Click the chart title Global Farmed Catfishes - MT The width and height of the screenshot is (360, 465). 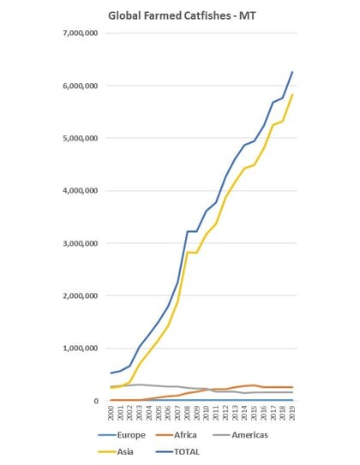pos(179,15)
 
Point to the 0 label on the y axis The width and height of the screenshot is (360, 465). pos(97,401)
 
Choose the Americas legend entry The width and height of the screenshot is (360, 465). pos(269,435)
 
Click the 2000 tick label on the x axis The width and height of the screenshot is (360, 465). pos(112,415)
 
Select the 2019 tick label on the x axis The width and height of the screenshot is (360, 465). pos(292,415)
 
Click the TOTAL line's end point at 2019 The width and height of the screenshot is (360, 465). pos(292,72)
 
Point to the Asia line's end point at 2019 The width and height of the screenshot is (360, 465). pos(292,95)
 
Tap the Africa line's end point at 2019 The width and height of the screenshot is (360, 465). pos(292,387)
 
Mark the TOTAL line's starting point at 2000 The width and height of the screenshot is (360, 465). pos(111,373)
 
